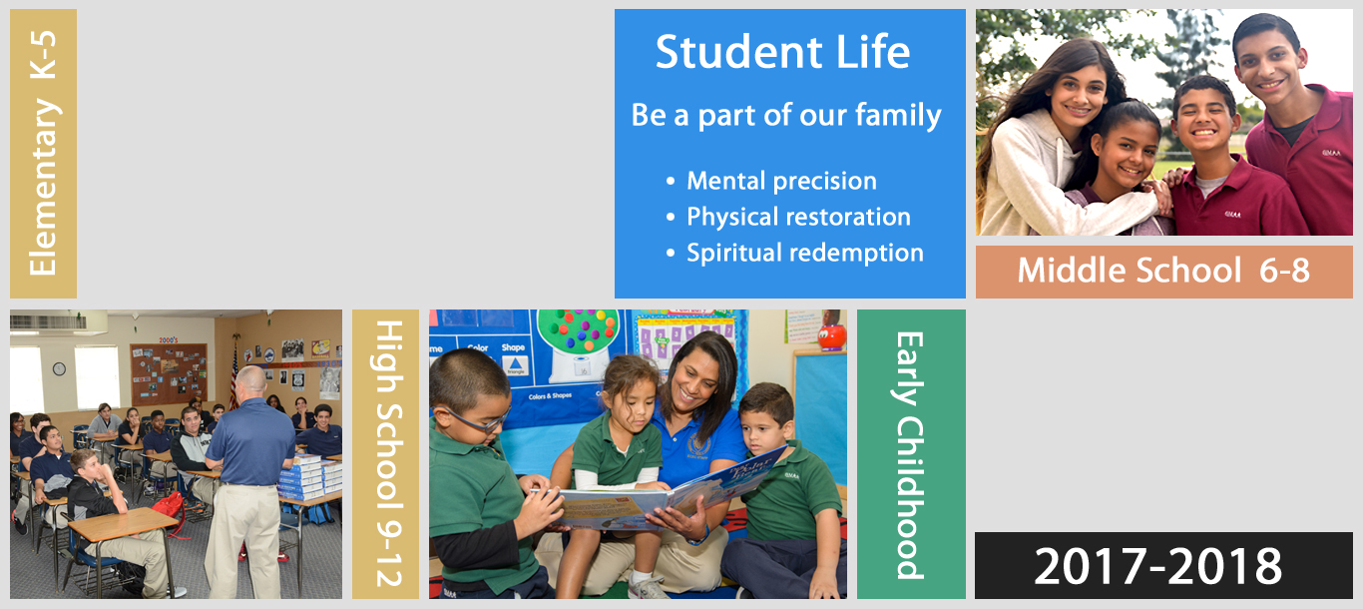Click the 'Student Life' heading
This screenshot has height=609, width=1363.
click(x=782, y=52)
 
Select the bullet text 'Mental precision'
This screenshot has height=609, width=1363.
click(x=782, y=181)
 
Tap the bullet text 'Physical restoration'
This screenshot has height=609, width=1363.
click(x=798, y=217)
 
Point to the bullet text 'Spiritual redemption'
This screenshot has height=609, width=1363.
click(x=805, y=253)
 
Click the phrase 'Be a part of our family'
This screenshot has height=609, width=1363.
click(x=786, y=116)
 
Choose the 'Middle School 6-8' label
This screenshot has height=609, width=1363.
click(x=1163, y=270)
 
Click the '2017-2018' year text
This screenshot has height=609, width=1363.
click(x=1157, y=566)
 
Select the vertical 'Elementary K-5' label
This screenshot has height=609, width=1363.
click(x=43, y=153)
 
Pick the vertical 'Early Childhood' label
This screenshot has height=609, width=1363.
click(x=911, y=455)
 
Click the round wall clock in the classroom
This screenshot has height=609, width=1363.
click(x=59, y=368)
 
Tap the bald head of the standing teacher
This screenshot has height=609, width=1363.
click(x=250, y=378)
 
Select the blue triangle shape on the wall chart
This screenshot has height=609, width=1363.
click(x=515, y=363)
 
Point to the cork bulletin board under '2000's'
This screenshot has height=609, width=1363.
click(x=169, y=374)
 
